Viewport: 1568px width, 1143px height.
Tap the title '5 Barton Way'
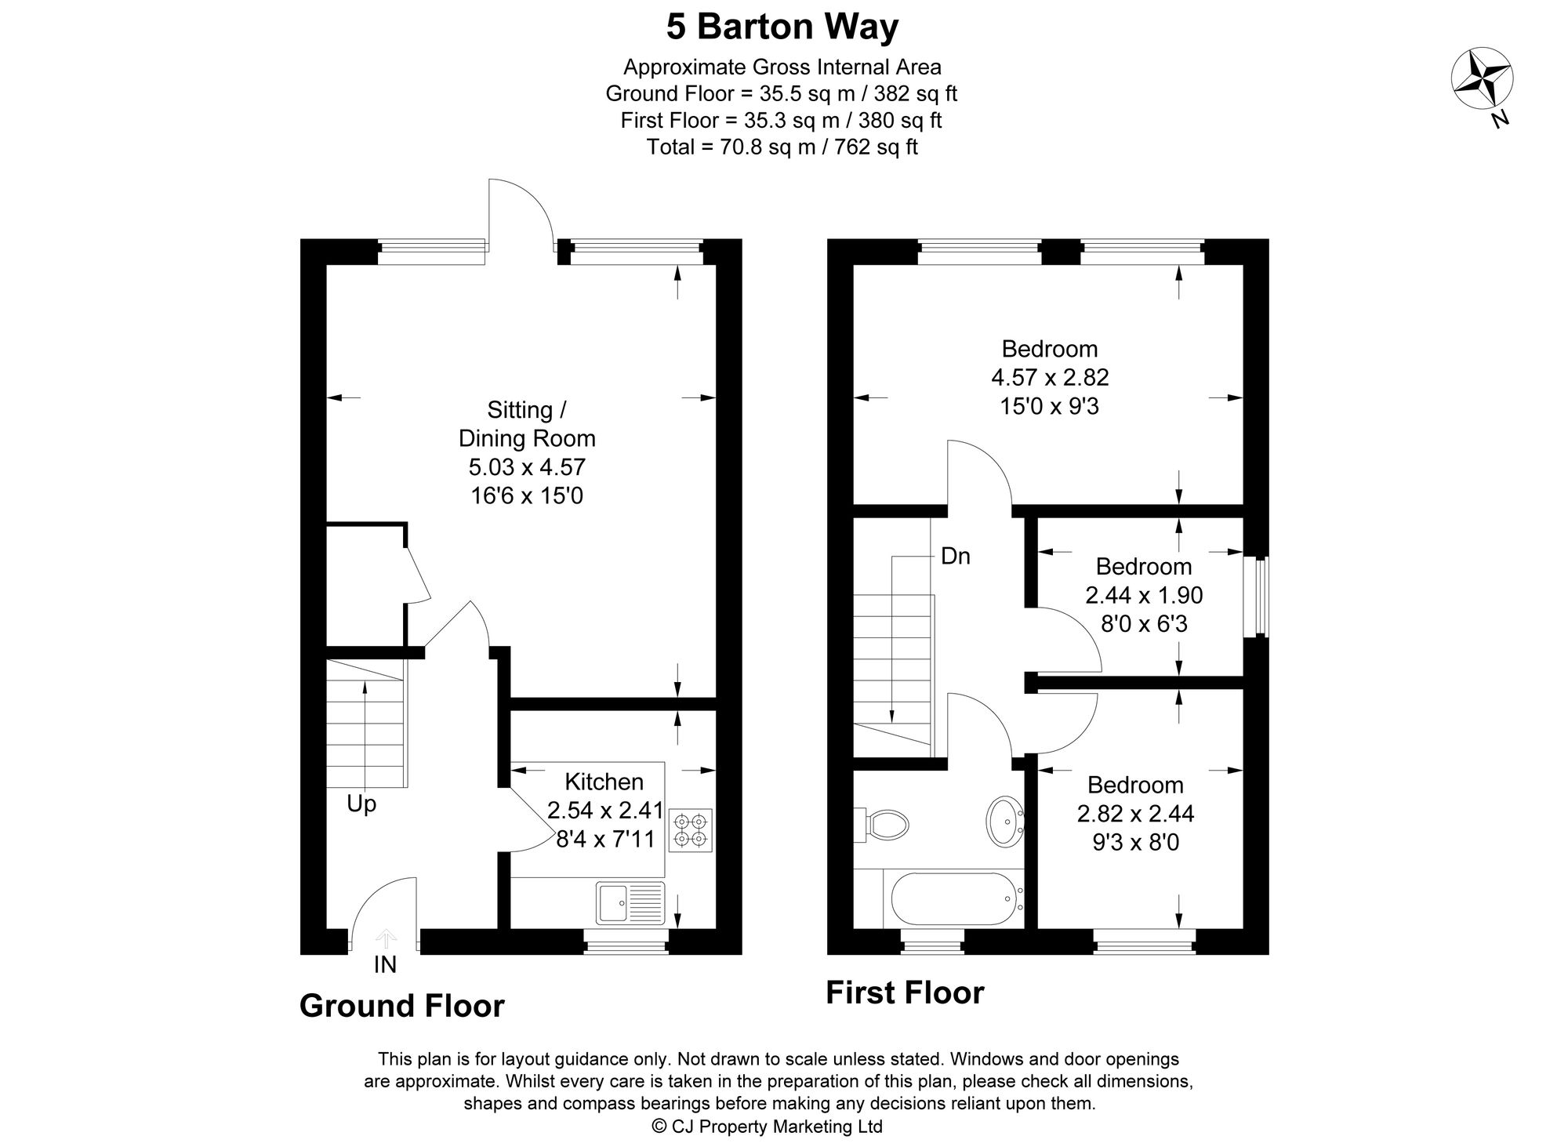(x=782, y=28)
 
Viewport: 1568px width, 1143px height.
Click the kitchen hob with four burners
(x=691, y=830)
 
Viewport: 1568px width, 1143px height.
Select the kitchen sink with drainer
(x=630, y=902)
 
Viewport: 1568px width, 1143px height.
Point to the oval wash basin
(x=1004, y=822)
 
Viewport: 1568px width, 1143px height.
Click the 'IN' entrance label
(x=385, y=965)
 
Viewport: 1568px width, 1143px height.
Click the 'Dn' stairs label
(x=955, y=557)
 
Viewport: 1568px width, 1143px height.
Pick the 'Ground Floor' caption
(x=401, y=1006)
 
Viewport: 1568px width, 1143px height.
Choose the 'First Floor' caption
(x=905, y=992)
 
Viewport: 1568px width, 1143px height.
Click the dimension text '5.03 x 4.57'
(x=527, y=467)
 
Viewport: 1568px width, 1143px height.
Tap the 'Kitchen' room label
(x=604, y=782)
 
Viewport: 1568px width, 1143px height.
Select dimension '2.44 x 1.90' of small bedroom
(x=1143, y=596)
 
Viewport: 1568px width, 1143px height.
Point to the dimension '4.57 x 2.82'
(x=1050, y=378)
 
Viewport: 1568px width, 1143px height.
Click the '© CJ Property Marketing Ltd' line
(x=767, y=1127)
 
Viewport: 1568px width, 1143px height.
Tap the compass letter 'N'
(x=1500, y=120)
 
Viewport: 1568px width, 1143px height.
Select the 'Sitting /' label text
(x=527, y=410)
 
